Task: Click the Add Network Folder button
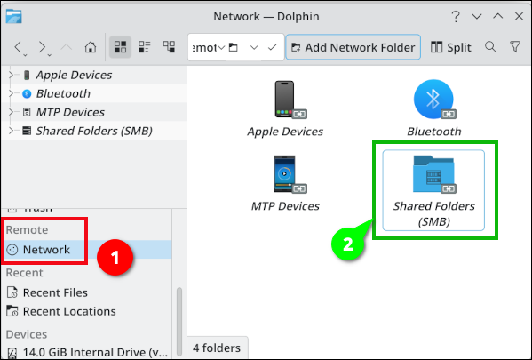coord(353,47)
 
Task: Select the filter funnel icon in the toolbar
coord(515,47)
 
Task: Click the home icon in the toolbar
coord(90,47)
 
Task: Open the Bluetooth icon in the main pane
coord(434,100)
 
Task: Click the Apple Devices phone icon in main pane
coord(285,100)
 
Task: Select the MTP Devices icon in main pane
coord(285,174)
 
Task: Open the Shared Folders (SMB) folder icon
coord(434,174)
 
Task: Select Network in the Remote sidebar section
coord(46,250)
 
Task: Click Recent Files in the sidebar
coord(55,292)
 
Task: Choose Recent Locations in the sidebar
coord(69,311)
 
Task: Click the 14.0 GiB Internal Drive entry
coord(84,351)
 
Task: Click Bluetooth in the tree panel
coord(63,93)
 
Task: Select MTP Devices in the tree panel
coord(70,112)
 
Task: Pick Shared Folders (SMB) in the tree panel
coord(93,131)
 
